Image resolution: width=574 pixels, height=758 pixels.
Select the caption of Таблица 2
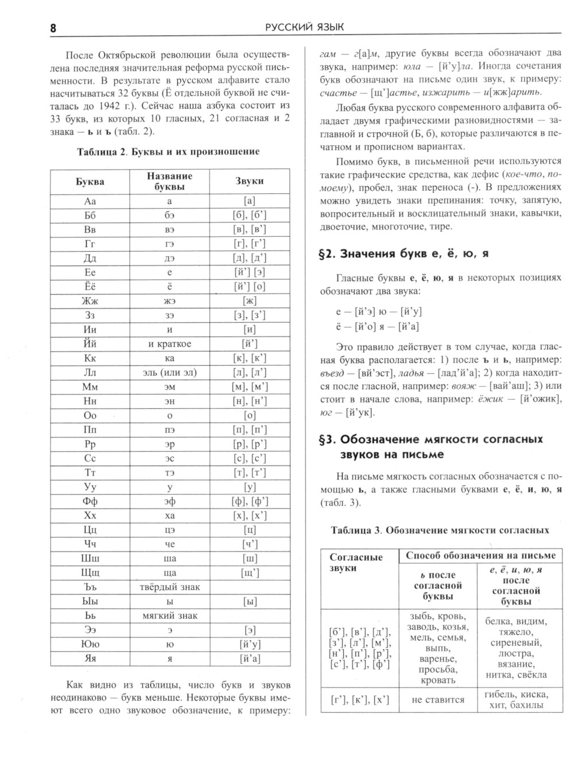(x=168, y=151)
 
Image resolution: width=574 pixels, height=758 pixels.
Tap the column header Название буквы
(x=169, y=181)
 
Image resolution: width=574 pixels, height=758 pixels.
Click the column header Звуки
(x=249, y=181)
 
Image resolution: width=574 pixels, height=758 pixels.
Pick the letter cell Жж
(x=90, y=301)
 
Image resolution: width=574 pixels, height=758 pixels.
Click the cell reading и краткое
(x=169, y=344)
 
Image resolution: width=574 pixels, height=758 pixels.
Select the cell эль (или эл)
(x=169, y=373)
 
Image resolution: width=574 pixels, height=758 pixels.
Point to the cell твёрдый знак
(x=169, y=587)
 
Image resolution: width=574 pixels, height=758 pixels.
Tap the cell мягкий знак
(x=169, y=616)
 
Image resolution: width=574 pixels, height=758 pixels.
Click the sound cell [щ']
(x=250, y=573)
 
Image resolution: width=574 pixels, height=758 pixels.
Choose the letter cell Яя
(x=90, y=659)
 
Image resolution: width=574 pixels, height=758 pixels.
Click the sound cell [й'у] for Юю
(x=250, y=644)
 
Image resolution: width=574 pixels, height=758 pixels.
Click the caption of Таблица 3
(x=440, y=530)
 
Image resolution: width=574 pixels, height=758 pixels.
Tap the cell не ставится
(x=438, y=700)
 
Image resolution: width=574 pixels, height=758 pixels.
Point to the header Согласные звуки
(x=356, y=562)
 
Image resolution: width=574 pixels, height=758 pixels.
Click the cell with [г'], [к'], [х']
(x=360, y=700)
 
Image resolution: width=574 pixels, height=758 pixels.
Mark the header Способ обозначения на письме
(x=480, y=555)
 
